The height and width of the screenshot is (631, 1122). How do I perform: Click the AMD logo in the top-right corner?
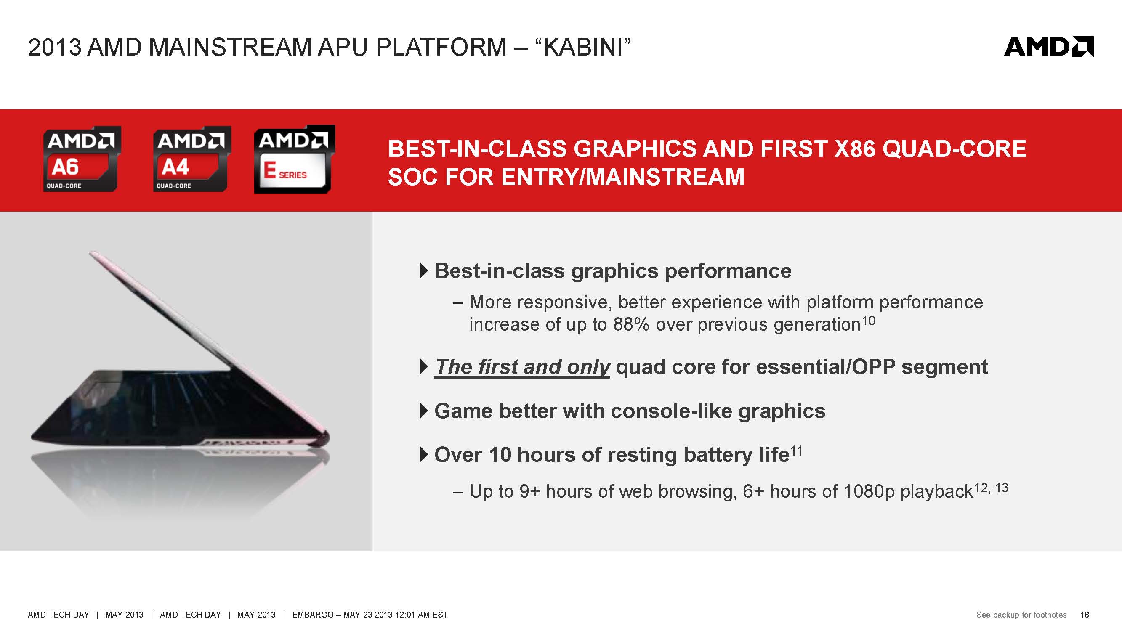1048,47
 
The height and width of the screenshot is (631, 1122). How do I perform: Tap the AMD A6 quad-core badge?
82,159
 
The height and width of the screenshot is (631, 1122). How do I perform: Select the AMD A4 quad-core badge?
191,159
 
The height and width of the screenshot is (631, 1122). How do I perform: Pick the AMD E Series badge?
295,159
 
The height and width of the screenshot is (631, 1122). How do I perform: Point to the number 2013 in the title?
54,47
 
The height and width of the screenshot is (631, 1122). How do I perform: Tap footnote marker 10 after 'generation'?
869,321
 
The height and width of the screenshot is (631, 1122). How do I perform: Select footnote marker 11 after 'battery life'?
796,451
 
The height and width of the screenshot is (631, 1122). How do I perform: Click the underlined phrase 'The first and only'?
522,367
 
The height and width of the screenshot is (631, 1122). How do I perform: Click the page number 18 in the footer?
1084,615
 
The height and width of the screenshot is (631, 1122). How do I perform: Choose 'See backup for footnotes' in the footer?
1021,615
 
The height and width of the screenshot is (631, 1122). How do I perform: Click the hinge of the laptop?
323,437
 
